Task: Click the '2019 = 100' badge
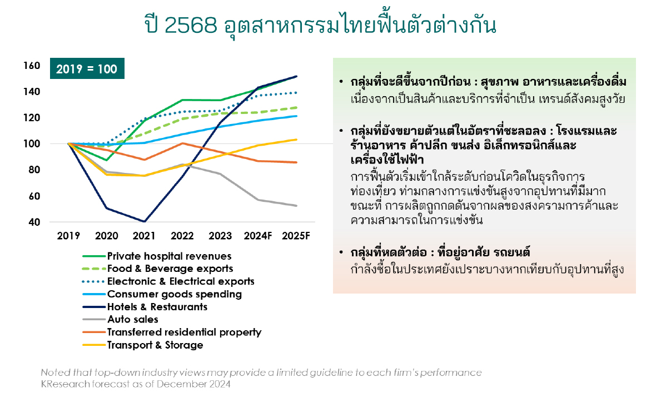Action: click(x=87, y=68)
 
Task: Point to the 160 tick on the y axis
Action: click(x=32, y=66)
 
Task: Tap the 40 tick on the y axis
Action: click(x=34, y=222)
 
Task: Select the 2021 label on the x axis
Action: click(x=144, y=236)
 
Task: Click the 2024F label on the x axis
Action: click(x=257, y=236)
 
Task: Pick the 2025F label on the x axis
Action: click(x=296, y=236)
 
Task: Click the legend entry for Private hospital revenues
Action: click(x=157, y=256)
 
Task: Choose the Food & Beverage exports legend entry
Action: click(x=157, y=269)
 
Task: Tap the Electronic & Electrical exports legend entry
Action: click(x=168, y=281)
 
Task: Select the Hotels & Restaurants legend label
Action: click(x=157, y=307)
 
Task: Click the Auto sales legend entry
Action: click(x=121, y=320)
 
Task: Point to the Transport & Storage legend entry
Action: click(x=143, y=345)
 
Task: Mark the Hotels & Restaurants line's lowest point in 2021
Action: click(x=145, y=222)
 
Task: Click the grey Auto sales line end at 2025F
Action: click(x=296, y=206)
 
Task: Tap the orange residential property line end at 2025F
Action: click(x=296, y=163)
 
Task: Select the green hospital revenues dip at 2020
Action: click(x=106, y=160)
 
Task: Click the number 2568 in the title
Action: click(x=191, y=25)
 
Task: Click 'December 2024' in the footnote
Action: click(x=193, y=384)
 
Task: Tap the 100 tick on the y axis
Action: click(x=32, y=144)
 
